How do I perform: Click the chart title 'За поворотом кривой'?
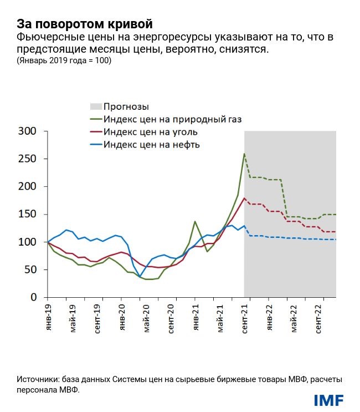point(84,24)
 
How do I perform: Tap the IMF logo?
point(328,399)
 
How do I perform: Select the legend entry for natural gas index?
point(172,119)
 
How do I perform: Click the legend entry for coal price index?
point(150,133)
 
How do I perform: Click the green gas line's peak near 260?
point(244,154)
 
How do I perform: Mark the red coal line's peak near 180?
point(244,198)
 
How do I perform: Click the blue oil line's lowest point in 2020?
point(140,276)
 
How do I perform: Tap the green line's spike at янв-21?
point(195,221)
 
